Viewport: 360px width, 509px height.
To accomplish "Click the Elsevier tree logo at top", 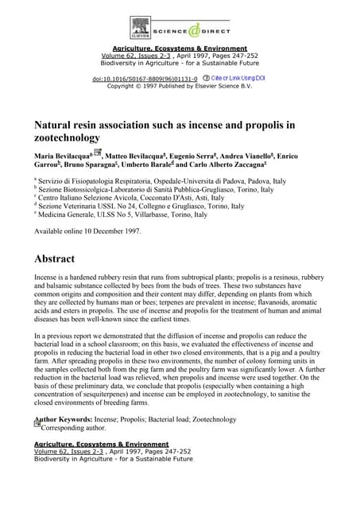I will click(x=141, y=29).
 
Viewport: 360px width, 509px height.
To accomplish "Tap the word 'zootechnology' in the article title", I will click(x=68, y=137).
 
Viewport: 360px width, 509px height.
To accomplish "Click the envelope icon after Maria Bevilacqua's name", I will click(x=98, y=152).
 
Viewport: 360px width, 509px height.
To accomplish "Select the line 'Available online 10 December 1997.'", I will click(x=87, y=231).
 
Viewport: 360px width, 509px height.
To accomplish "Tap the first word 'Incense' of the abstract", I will click(x=48, y=279).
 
